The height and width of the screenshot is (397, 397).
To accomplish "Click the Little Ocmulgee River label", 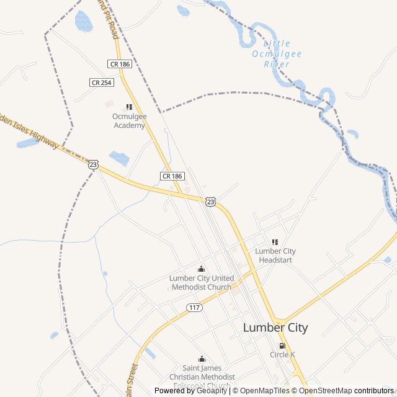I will (x=277, y=53).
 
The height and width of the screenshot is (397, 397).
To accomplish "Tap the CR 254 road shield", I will (x=101, y=82).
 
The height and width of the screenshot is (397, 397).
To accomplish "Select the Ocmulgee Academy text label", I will (x=128, y=121).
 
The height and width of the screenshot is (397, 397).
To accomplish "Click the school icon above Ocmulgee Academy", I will (x=129, y=107).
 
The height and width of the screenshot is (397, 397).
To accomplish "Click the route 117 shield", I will (x=194, y=308).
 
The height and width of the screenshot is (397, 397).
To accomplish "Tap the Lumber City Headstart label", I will (x=275, y=256).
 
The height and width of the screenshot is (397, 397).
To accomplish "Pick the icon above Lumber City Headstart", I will (x=275, y=242).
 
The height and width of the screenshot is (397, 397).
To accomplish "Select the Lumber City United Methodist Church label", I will (x=201, y=282).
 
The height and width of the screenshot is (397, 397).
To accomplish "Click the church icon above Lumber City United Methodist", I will (x=201, y=269).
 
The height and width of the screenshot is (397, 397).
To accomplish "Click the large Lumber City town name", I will (x=275, y=328).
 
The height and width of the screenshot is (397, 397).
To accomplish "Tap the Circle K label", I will (x=282, y=355).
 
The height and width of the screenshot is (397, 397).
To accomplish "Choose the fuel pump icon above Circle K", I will (x=282, y=346).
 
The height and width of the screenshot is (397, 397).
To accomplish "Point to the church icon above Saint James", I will (x=202, y=359).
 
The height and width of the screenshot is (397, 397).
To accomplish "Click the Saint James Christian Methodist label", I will (x=202, y=377).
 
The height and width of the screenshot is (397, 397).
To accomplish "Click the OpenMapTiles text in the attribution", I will (x=265, y=391).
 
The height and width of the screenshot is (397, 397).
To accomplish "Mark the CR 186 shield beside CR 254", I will (x=119, y=64).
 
